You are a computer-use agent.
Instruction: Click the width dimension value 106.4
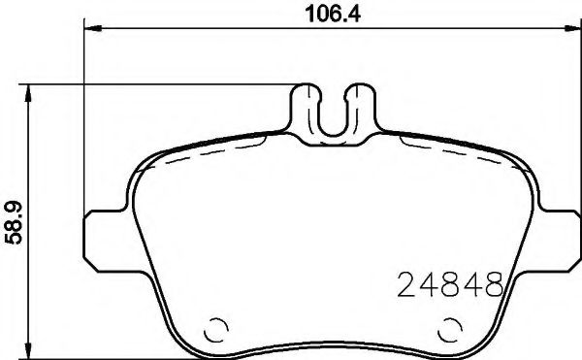click(x=323, y=13)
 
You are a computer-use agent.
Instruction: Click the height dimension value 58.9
click(x=14, y=222)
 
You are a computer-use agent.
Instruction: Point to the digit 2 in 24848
click(x=408, y=285)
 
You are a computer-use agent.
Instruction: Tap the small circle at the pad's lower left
click(x=218, y=328)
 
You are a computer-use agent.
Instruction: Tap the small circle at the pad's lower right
click(x=450, y=328)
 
